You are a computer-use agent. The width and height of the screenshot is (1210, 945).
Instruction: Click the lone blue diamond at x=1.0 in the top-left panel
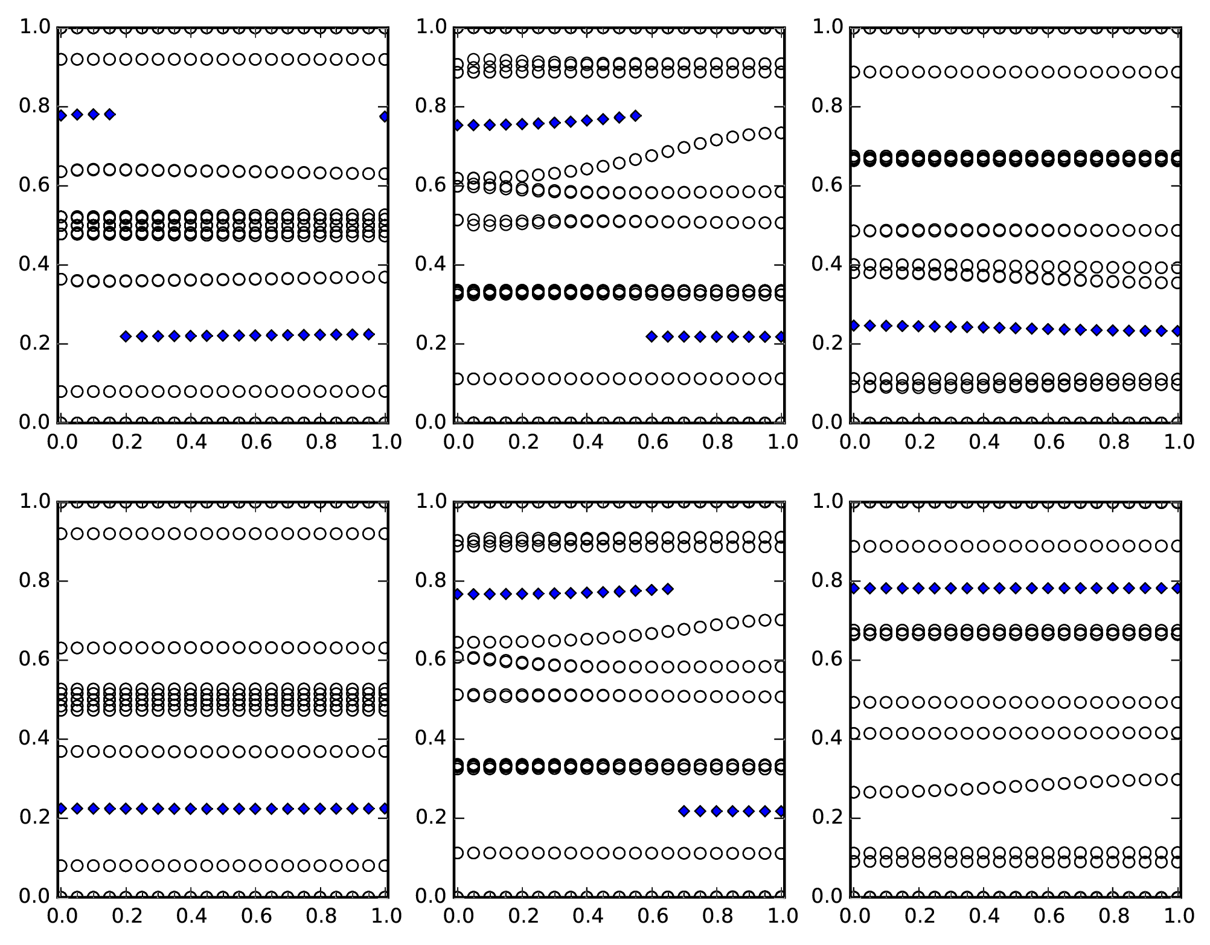385,117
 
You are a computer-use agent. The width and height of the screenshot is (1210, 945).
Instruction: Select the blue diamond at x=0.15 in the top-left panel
109,114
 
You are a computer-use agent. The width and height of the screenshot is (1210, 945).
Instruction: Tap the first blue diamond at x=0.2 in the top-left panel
126,336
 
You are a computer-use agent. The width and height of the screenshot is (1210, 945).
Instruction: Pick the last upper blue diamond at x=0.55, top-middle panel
635,116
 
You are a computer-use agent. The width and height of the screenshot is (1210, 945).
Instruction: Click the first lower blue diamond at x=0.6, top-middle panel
651,336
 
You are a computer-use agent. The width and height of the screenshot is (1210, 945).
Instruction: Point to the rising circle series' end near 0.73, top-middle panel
780,133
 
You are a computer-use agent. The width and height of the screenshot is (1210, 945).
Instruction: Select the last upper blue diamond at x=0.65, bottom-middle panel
668,589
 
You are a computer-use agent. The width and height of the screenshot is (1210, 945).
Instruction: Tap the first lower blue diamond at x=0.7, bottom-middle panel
684,811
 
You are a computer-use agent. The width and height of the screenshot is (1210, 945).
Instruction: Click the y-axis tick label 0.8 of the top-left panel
35,106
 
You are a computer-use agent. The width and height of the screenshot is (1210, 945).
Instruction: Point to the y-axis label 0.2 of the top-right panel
827,344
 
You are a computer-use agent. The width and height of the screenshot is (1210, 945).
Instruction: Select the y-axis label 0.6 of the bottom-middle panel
431,659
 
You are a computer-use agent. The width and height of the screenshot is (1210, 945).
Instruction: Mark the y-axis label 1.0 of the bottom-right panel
827,501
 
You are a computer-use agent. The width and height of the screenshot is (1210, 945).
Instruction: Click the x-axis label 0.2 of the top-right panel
918,442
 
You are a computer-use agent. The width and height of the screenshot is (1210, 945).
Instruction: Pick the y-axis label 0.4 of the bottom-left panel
35,739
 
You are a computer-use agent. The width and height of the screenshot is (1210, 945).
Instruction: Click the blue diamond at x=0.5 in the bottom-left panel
223,809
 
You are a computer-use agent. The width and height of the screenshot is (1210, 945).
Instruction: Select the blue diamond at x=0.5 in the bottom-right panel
1016,588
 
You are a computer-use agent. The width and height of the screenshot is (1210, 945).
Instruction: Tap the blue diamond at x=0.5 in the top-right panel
1016,328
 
